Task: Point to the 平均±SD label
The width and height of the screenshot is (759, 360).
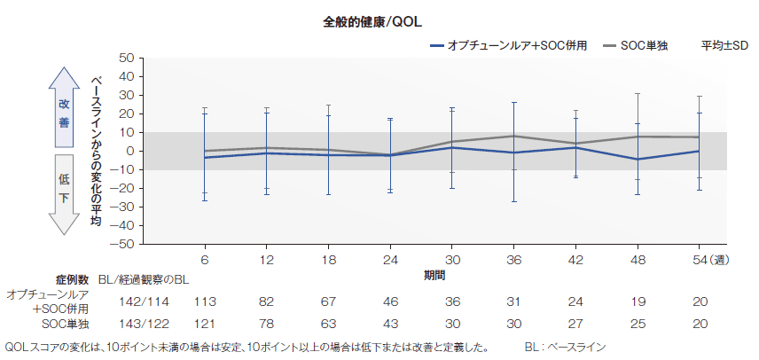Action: point(724,44)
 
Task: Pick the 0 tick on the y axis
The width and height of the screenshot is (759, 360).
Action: point(129,151)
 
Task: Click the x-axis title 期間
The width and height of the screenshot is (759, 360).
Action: point(435,276)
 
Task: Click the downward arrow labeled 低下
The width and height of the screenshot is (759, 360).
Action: point(64,193)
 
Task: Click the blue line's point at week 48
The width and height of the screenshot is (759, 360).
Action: point(638,160)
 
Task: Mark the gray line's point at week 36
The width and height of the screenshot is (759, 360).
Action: point(513,136)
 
